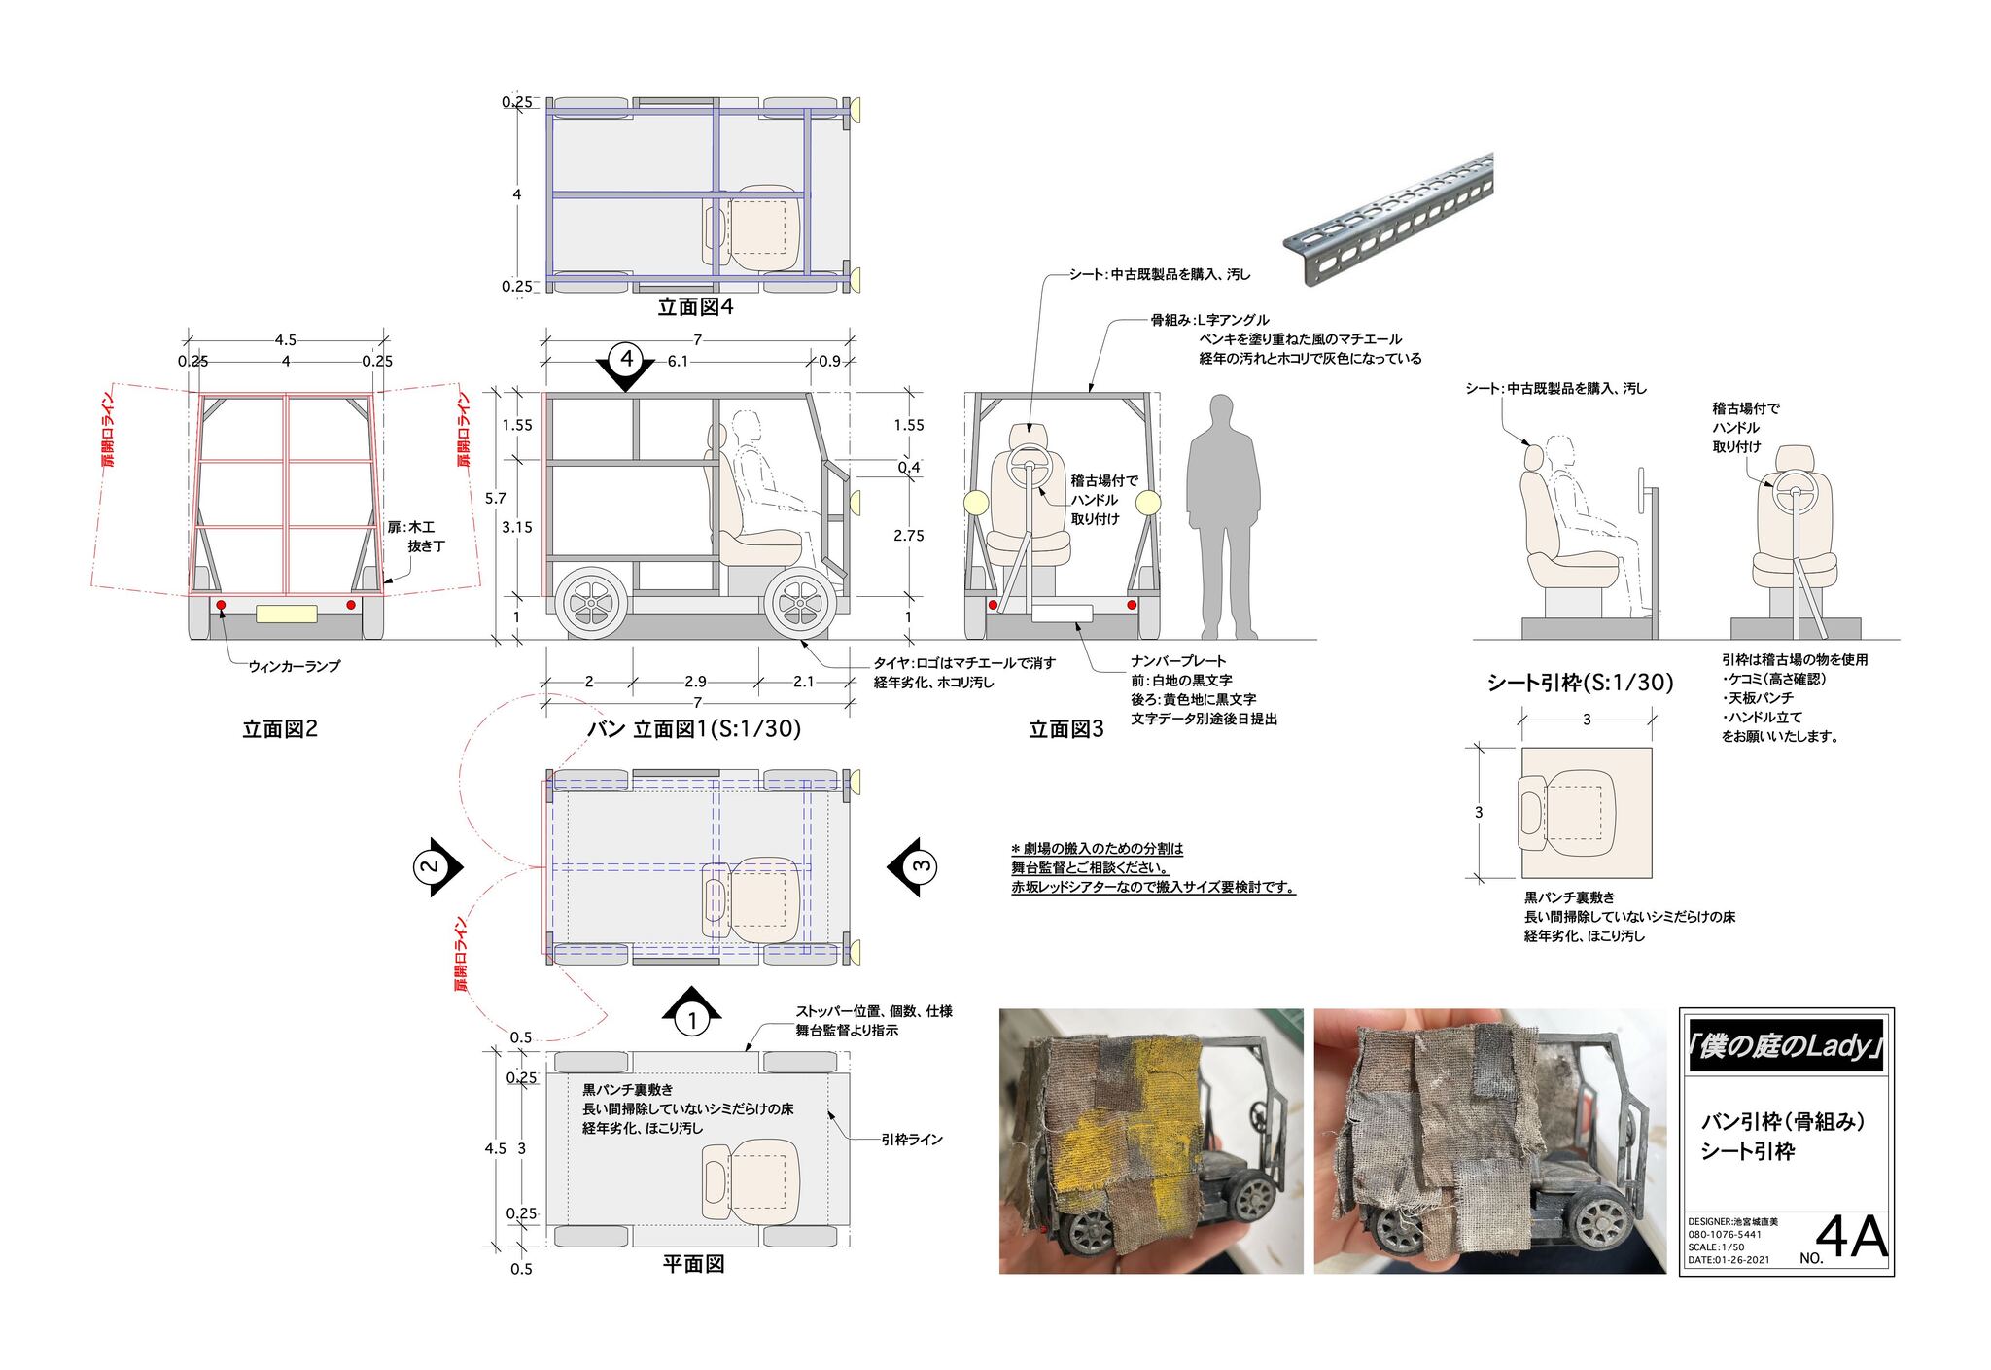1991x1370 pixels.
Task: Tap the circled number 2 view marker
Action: [433, 865]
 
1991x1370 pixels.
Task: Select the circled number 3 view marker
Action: [918, 865]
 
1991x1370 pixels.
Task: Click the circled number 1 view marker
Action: [692, 1016]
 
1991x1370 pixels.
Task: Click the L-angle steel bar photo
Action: [1387, 220]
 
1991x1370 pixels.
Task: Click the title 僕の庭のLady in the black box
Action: [1786, 1046]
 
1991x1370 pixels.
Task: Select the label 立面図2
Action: [280, 729]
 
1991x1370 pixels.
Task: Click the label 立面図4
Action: [695, 307]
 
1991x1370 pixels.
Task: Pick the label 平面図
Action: [693, 1264]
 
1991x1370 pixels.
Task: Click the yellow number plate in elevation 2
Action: [286, 614]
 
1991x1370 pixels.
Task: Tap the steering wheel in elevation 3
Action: [1027, 467]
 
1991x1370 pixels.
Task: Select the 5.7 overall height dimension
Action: [496, 499]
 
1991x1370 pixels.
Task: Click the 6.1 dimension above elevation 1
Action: [678, 361]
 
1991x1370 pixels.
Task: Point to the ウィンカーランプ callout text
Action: [294, 666]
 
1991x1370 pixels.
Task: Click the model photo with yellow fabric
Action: [1151, 1141]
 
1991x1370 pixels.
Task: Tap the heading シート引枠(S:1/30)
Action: [1580, 683]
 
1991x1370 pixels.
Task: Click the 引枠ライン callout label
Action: [912, 1139]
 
